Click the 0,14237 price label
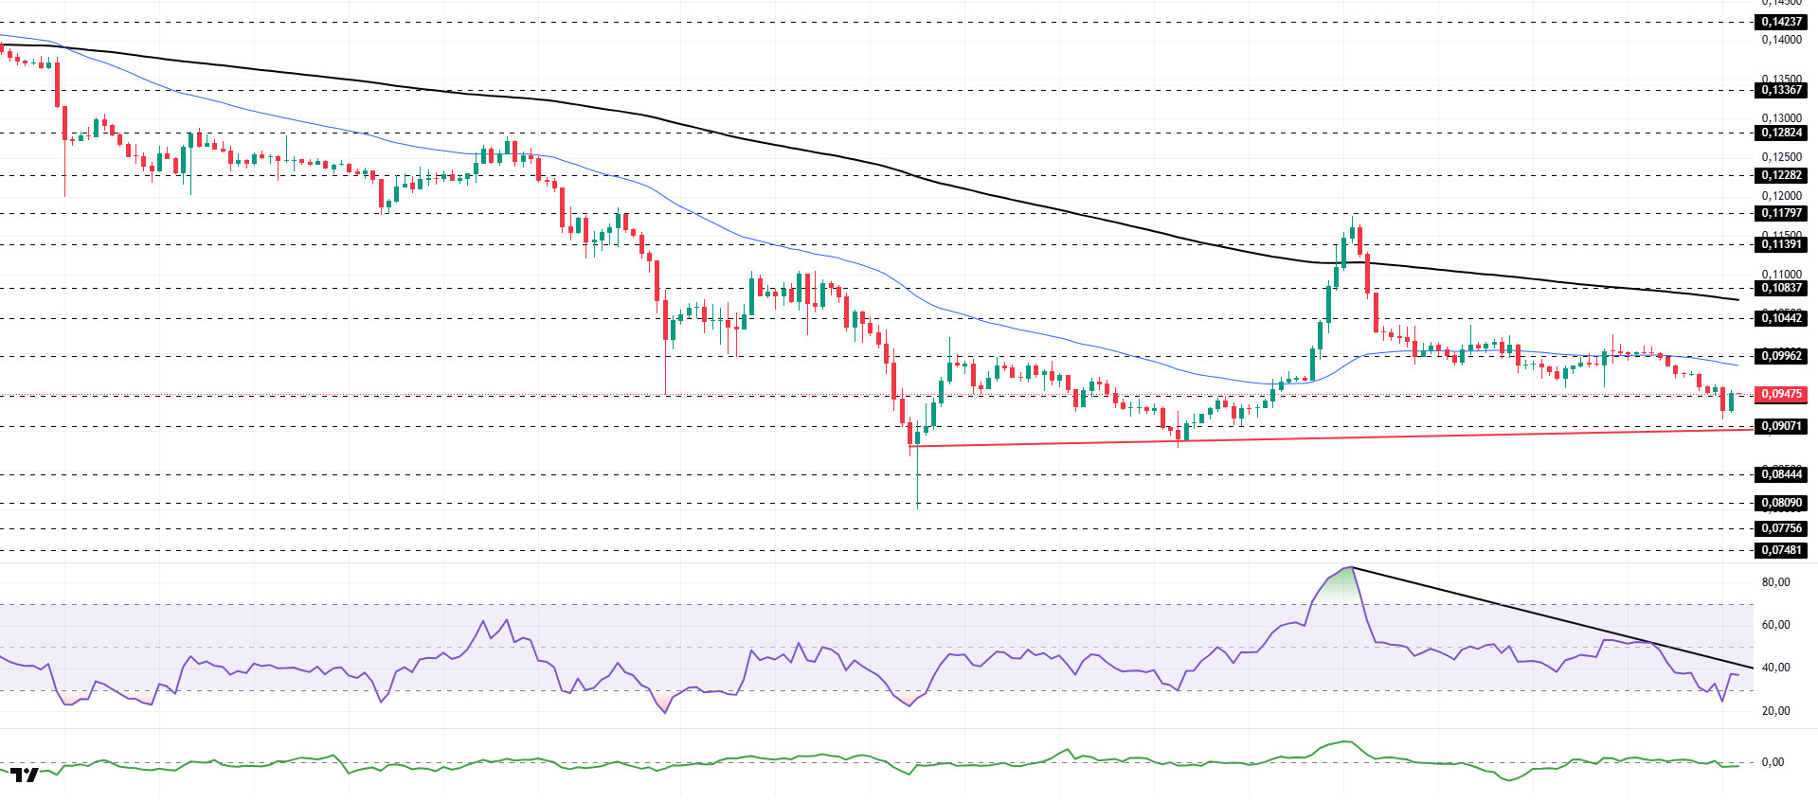(1781, 22)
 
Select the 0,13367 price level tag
(1781, 90)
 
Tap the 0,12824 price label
(1781, 133)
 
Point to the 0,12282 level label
(1781, 175)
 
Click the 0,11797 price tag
(1781, 213)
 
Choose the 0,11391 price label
(1781, 244)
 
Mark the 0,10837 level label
(1781, 288)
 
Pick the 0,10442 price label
(1781, 318)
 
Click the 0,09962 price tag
(1781, 356)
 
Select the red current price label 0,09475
(1781, 394)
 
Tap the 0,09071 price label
(1781, 426)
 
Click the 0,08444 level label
(1781, 474)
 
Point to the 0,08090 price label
(1781, 503)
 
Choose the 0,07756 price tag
(1781, 528)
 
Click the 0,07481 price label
(1781, 550)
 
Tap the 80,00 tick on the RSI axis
(1775, 582)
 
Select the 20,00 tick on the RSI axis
(1775, 711)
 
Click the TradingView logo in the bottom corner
(25, 775)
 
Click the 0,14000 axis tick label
(1781, 40)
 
